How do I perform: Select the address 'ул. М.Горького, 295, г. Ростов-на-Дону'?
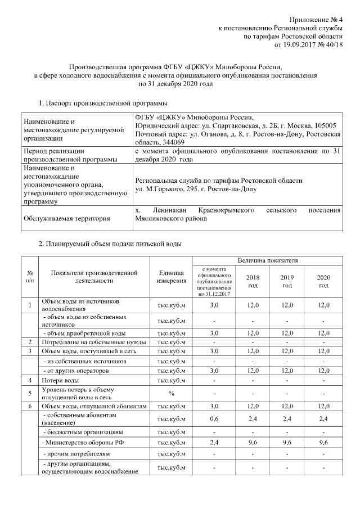click(196, 189)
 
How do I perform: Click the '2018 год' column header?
click(253, 281)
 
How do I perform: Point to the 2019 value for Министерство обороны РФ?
click(287, 443)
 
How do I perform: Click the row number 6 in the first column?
click(29, 406)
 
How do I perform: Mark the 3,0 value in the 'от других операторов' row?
click(214, 371)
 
